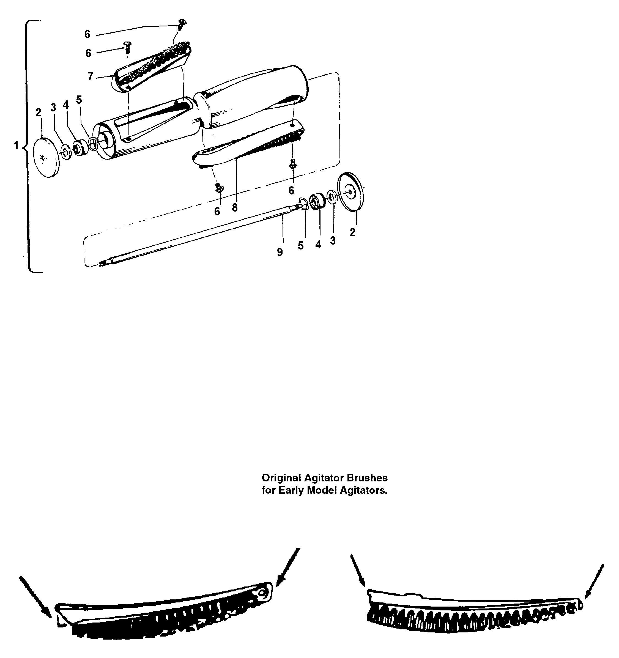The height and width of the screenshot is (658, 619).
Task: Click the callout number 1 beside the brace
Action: (16, 145)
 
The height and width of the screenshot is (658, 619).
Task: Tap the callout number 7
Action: (90, 76)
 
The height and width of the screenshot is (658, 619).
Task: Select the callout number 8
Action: (235, 207)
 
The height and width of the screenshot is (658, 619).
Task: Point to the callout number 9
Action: (280, 253)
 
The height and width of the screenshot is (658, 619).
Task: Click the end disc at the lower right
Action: (350, 191)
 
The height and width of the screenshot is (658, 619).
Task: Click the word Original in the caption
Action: (281, 478)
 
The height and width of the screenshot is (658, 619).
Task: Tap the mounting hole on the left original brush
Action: (263, 593)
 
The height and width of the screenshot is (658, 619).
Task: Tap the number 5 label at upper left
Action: (79, 100)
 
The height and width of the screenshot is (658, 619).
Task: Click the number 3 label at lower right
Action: (333, 241)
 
